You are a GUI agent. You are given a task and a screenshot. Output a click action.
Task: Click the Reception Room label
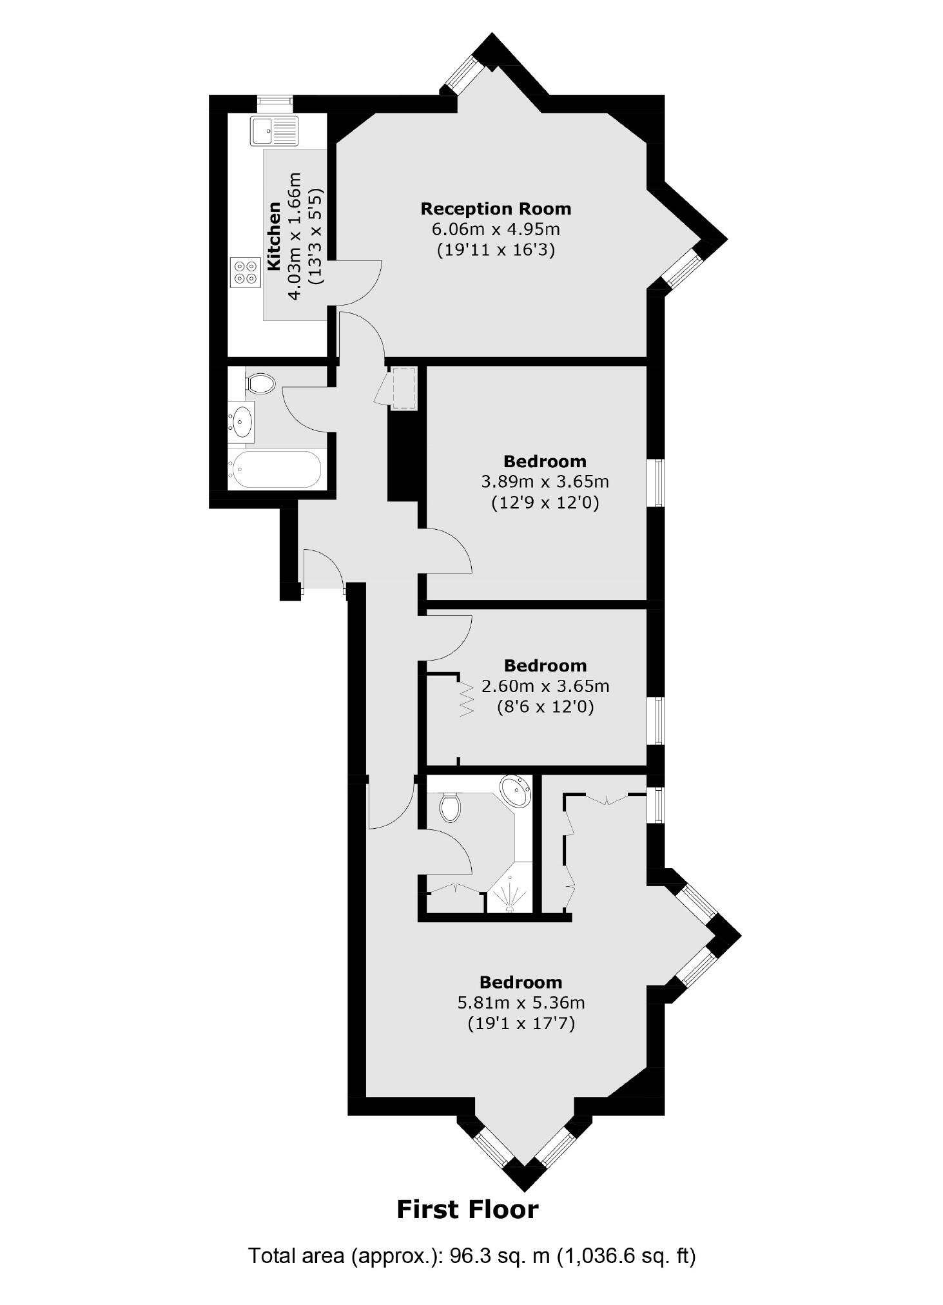pos(496,209)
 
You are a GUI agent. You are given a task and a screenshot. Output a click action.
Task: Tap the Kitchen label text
pos(274,236)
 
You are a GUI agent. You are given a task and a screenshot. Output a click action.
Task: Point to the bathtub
pos(276,469)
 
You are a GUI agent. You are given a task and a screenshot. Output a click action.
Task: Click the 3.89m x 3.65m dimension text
pos(545,481)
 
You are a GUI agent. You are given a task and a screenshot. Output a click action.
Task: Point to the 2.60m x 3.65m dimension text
pos(545,686)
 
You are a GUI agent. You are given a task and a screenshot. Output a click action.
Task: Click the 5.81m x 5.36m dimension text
pos(521,1003)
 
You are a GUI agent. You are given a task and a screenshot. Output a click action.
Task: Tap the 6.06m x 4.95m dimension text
pos(496,229)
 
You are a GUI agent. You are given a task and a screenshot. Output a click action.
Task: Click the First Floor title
pos(467,1210)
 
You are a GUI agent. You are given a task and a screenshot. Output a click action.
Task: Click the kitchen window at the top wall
pos(275,101)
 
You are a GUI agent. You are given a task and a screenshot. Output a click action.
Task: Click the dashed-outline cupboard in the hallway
pos(404,388)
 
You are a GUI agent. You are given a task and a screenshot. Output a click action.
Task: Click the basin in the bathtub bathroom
pos(242,421)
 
